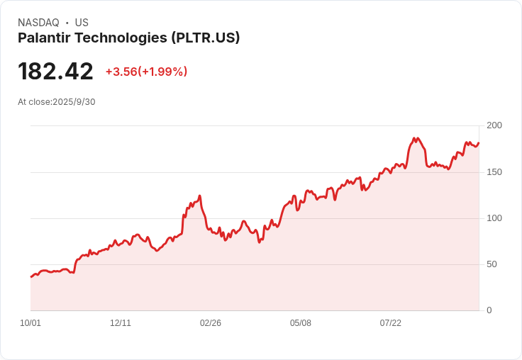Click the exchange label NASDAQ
(38, 23)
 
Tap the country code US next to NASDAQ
(82, 23)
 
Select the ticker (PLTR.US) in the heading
(206, 38)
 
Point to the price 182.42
(55, 72)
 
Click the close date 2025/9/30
(74, 102)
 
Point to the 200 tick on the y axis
(494, 125)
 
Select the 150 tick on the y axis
(494, 172)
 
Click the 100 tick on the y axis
(494, 218)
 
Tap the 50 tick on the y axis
(492, 264)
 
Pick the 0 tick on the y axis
(489, 310)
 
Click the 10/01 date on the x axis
(30, 323)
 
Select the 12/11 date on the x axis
(121, 323)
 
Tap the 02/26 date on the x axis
(211, 323)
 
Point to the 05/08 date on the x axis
(301, 323)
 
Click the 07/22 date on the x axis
(391, 323)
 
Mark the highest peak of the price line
(413, 137)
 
